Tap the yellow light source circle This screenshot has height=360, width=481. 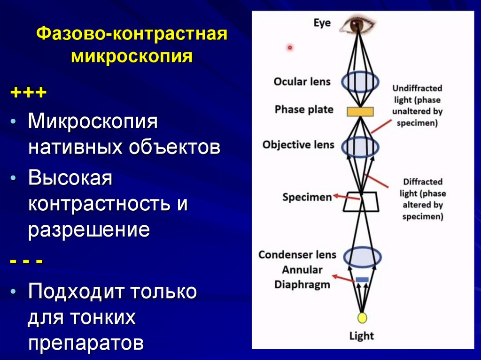pyautogui.click(x=362, y=318)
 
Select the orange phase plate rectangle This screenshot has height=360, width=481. pyautogui.click(x=360, y=111)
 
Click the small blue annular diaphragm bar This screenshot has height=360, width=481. pyautogui.click(x=362, y=280)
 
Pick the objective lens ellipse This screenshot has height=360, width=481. pyautogui.click(x=360, y=146)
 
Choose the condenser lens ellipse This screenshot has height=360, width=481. pyautogui.click(x=362, y=256)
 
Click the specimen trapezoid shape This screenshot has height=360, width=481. pyautogui.click(x=361, y=201)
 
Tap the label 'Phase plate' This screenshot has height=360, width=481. pyautogui.click(x=304, y=109)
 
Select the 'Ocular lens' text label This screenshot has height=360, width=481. pyautogui.click(x=302, y=81)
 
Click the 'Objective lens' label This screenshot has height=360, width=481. pyautogui.click(x=298, y=144)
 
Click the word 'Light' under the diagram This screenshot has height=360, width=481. pyautogui.click(x=361, y=336)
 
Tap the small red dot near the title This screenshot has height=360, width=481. pyautogui.click(x=290, y=47)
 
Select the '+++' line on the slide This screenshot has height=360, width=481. pyautogui.click(x=29, y=92)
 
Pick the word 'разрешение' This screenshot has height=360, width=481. pyautogui.click(x=89, y=230)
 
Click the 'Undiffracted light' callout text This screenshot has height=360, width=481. pyautogui.click(x=417, y=106)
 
